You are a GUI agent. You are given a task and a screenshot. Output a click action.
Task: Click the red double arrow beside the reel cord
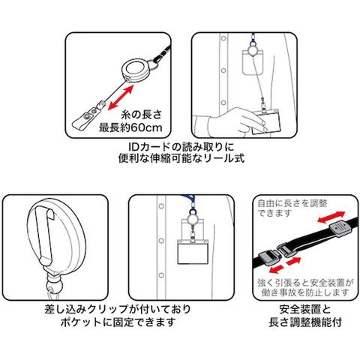[x=121, y=97]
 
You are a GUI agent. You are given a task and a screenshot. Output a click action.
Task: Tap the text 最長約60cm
[x=130, y=127]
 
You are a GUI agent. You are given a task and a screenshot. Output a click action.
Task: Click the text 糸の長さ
[x=142, y=115]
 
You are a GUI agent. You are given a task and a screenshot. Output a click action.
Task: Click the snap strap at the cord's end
[x=86, y=118]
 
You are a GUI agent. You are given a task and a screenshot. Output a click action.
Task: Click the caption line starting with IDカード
[x=181, y=146]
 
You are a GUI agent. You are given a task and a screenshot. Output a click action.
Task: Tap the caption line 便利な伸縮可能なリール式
[x=181, y=158]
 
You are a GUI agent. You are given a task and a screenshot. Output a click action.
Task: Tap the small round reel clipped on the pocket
[x=192, y=220]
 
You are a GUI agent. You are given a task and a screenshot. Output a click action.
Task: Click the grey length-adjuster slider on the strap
[x=339, y=229]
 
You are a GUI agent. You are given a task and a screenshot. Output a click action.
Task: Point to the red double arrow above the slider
[x=331, y=217]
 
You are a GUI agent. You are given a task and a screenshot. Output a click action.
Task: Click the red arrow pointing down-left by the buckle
[x=277, y=269]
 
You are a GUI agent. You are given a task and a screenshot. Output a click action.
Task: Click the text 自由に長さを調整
[x=292, y=203]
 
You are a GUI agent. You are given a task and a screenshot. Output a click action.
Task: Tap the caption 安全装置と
[x=305, y=310]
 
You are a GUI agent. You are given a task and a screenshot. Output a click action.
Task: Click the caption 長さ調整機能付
[x=305, y=322]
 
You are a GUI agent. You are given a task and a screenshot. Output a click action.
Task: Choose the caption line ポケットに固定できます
[x=118, y=322]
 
